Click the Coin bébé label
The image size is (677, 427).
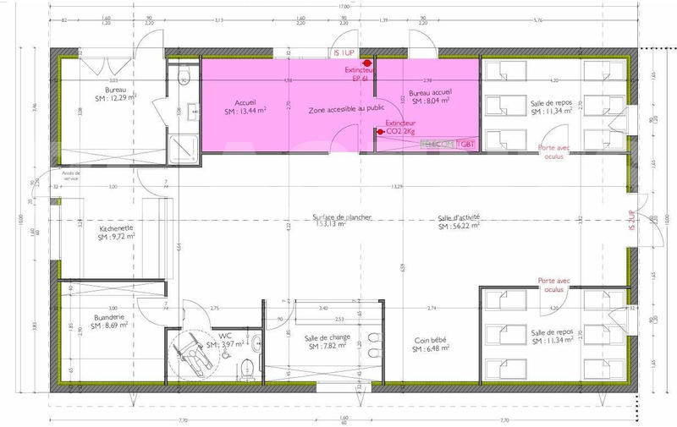tap(429, 341)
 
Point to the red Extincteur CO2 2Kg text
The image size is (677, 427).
tap(402, 128)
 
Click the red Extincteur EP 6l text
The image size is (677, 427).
tap(367, 74)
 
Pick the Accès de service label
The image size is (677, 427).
tap(63, 177)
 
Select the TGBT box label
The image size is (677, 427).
tap(468, 145)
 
